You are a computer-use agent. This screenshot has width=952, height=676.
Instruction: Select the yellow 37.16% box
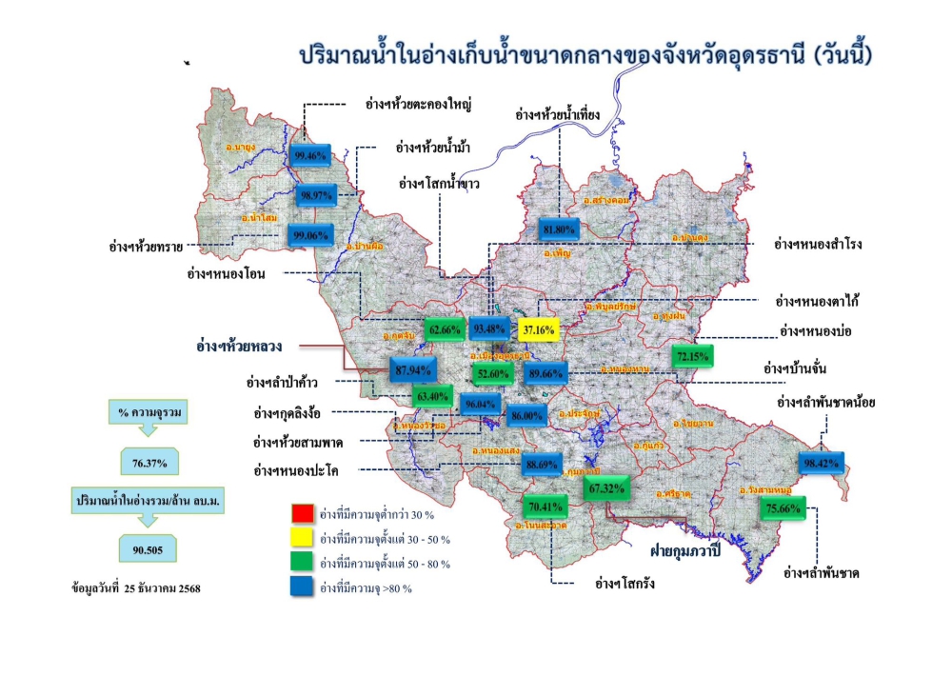click(x=539, y=329)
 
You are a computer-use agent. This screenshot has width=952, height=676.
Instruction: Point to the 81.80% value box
click(x=560, y=229)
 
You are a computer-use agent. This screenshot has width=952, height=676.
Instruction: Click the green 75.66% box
click(x=784, y=508)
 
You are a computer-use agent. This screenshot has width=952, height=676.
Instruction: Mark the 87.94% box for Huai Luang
click(x=412, y=369)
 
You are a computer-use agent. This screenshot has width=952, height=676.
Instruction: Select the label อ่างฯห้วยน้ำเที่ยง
click(x=557, y=114)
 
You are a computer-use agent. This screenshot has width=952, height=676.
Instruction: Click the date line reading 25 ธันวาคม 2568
click(x=135, y=587)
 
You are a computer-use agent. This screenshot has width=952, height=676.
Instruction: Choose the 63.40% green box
click(x=432, y=396)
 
